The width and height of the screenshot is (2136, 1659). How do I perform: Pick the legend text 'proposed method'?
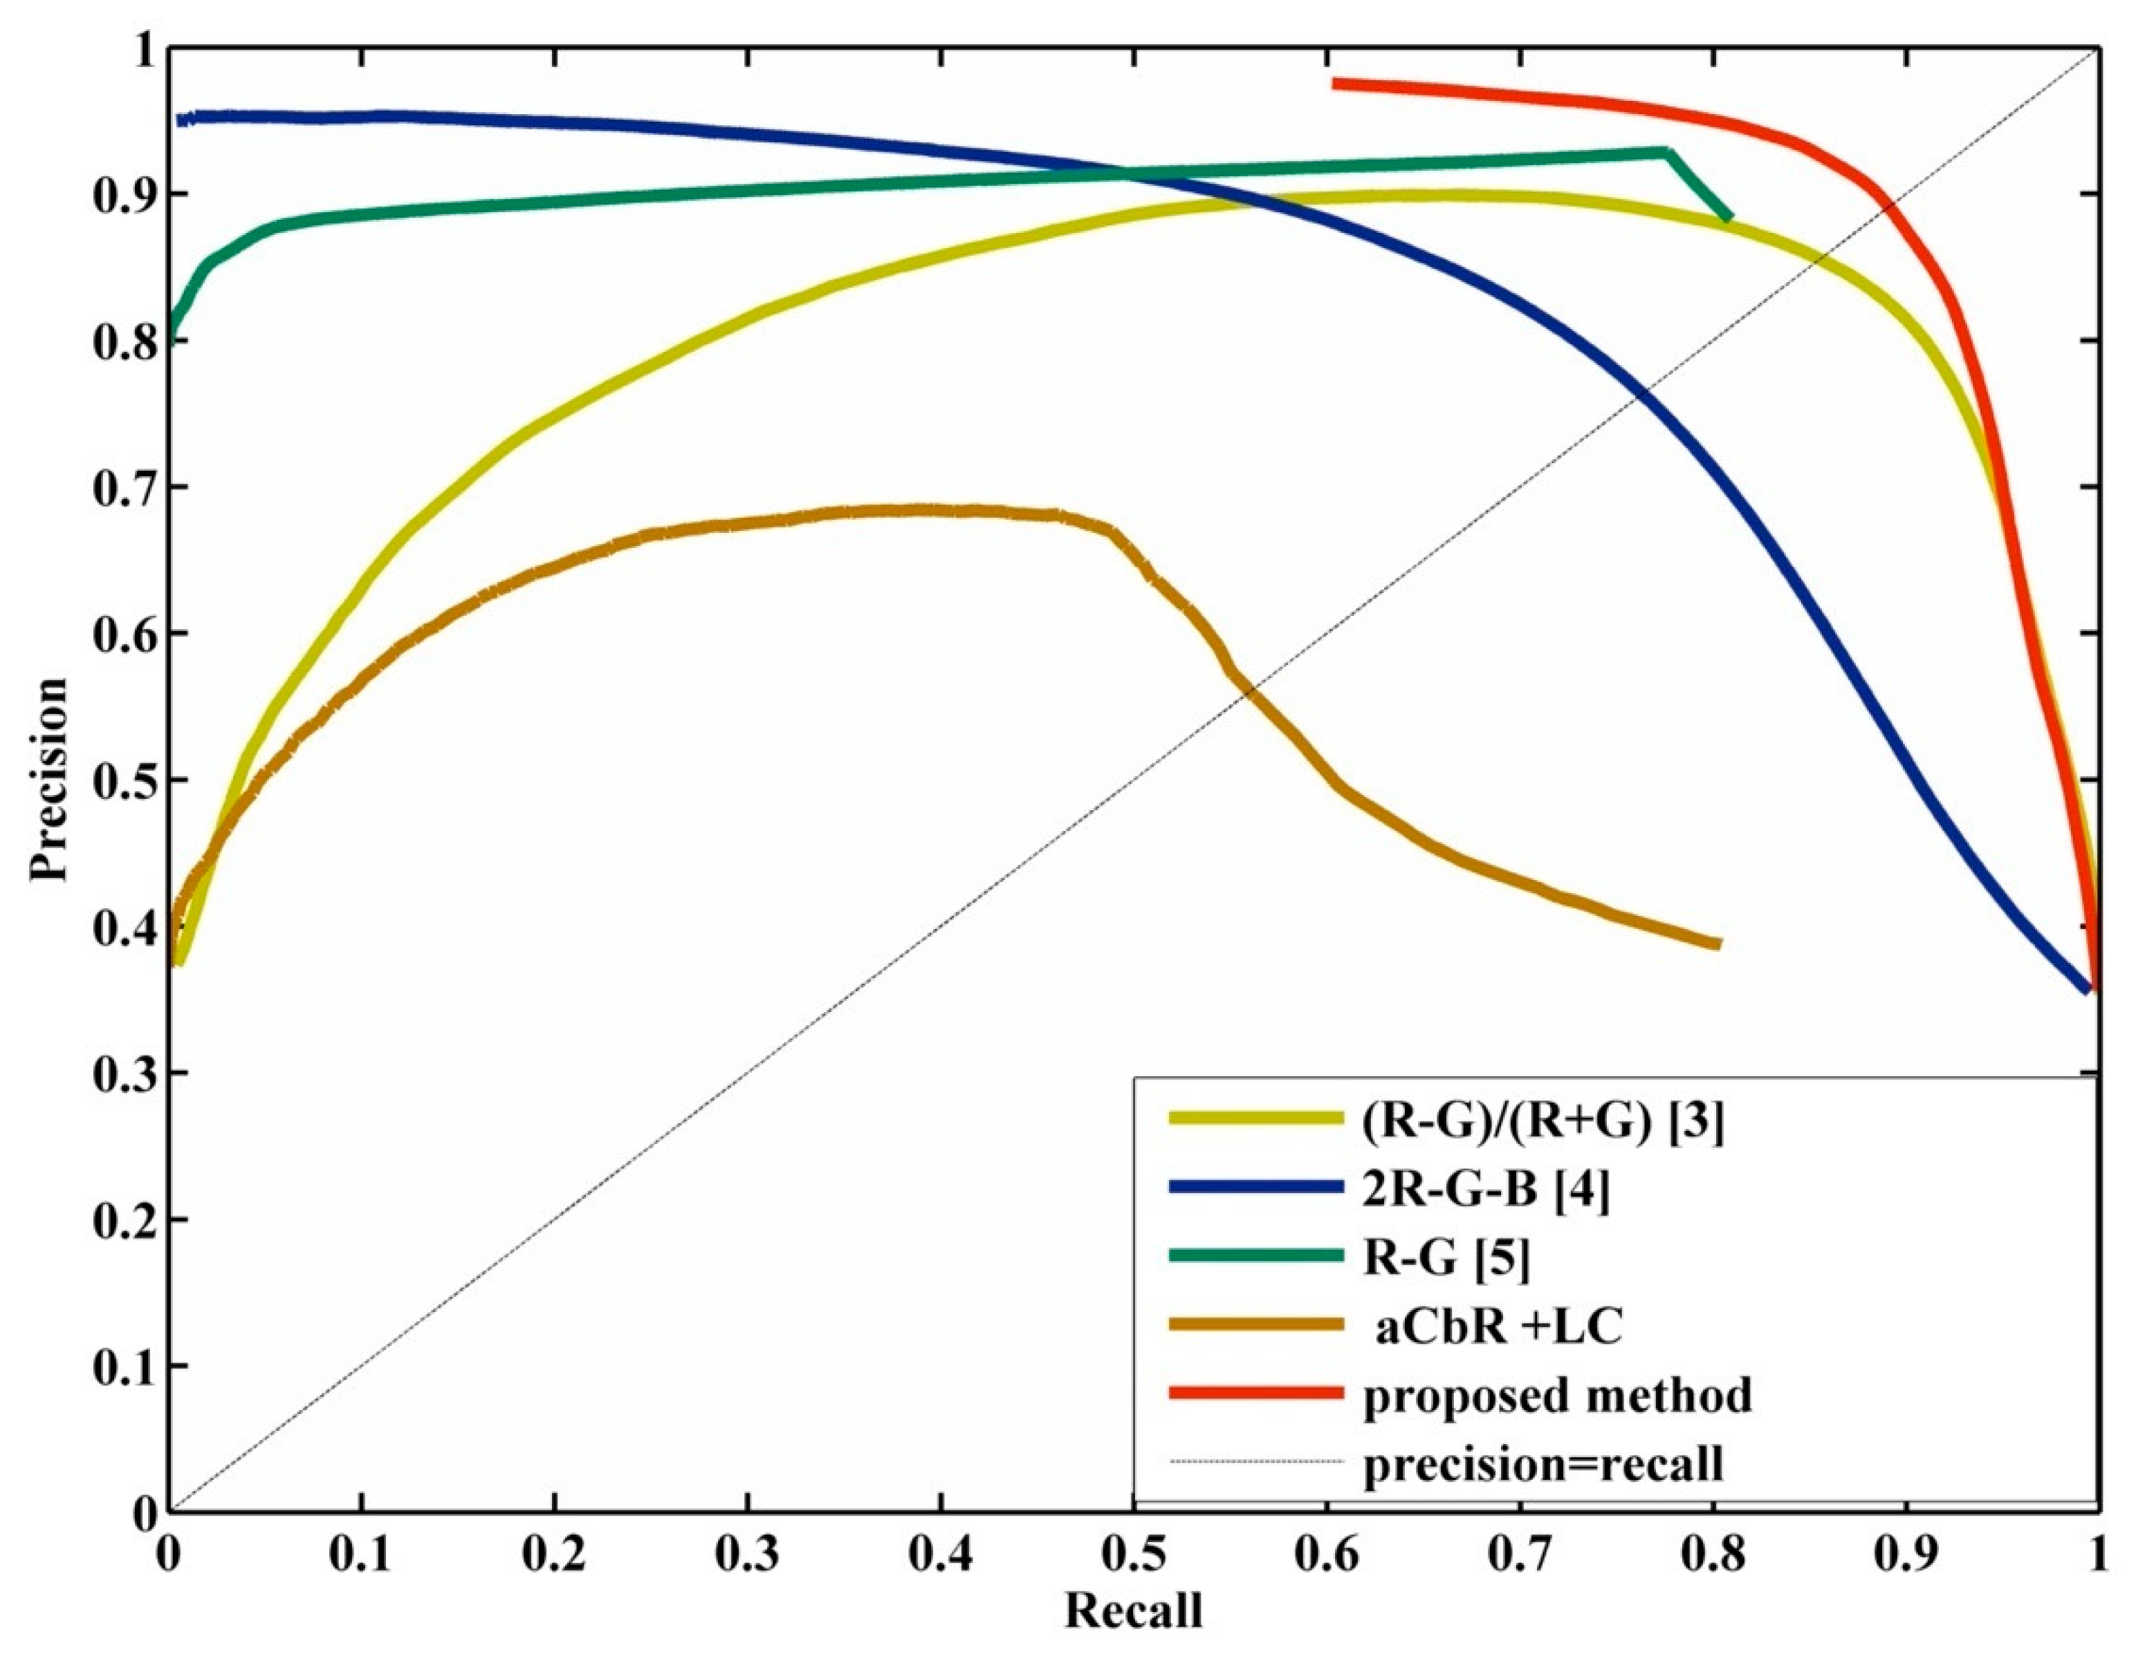click(x=1557, y=1395)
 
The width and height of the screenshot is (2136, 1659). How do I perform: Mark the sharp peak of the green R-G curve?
click(x=1668, y=153)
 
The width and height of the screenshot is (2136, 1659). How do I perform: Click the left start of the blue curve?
click(x=180, y=120)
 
